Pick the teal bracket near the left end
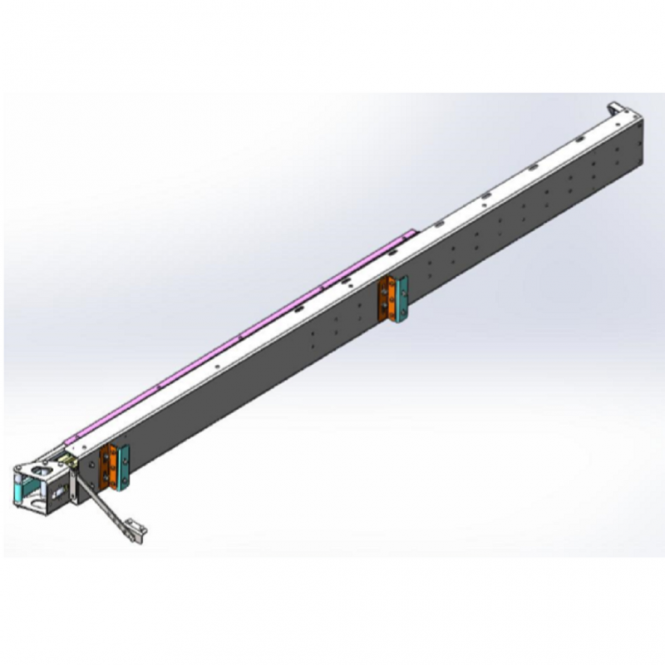(124, 465)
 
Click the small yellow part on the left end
(66, 455)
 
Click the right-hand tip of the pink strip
(411, 235)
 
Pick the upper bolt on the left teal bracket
(124, 454)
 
